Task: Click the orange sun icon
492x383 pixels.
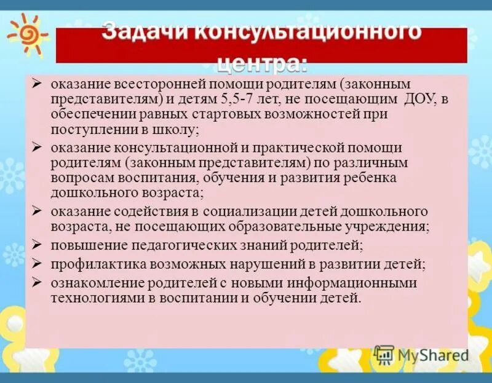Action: [26, 34]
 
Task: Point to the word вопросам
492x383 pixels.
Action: [77, 178]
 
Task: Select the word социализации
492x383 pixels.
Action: [244, 211]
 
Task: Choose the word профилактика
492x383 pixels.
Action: [90, 264]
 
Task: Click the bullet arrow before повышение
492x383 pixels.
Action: [37, 245]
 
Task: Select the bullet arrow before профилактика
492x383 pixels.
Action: [37, 263]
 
